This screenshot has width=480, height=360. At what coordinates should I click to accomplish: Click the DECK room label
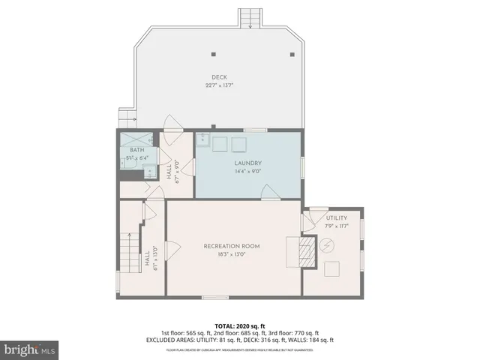click(x=220, y=77)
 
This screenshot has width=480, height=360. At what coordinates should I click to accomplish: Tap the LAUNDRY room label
click(x=247, y=163)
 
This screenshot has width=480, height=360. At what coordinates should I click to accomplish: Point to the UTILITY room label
click(x=337, y=218)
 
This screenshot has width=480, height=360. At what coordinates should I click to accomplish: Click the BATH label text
click(x=136, y=150)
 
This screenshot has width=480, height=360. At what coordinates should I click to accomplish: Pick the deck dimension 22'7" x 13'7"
click(x=220, y=85)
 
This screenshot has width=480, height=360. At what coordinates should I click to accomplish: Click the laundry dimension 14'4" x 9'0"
click(x=247, y=172)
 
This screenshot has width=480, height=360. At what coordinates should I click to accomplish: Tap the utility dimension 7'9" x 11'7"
click(x=337, y=226)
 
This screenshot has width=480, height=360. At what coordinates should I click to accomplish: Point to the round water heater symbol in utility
click(x=328, y=245)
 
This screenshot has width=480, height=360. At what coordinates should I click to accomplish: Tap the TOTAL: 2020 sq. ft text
click(x=239, y=325)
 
